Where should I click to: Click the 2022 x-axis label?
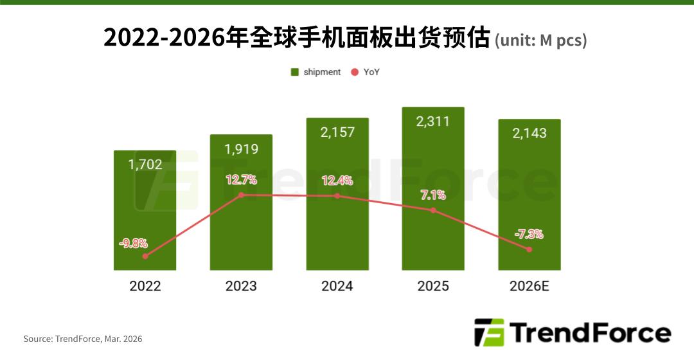point(145,286)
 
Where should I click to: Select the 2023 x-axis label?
point(241,286)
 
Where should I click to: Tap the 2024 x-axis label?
point(337,286)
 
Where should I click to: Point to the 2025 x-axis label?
point(433,286)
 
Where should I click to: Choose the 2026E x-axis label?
point(530,286)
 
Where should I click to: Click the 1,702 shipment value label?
point(145,165)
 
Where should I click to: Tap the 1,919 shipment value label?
point(241,149)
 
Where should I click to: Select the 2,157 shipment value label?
point(337,132)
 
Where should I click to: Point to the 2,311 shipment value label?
point(433,122)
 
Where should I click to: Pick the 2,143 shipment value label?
point(529,133)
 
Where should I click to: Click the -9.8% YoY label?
point(133,244)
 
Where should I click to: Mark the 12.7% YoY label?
point(241,179)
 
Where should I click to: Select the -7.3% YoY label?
point(529,235)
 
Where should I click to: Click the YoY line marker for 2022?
point(145,256)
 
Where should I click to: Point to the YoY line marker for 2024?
point(337,195)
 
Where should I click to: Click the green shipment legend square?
point(295,72)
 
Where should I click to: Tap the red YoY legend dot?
point(355,72)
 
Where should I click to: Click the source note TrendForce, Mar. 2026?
point(83,339)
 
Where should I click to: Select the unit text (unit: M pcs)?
point(540,40)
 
